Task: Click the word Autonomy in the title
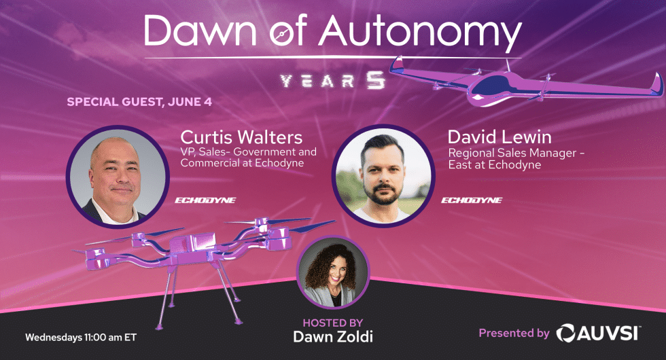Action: [421, 33]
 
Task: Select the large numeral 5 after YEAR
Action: [376, 80]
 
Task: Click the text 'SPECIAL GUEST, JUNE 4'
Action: [139, 102]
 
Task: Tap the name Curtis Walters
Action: [241, 137]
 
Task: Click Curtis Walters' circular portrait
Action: [118, 177]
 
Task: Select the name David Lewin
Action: [500, 137]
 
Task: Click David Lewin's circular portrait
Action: [383, 175]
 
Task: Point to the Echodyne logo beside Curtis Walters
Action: [205, 200]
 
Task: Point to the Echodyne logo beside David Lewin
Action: [472, 200]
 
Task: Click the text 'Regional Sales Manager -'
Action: [516, 153]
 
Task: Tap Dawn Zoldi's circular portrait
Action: [333, 272]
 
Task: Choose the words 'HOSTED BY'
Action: [333, 323]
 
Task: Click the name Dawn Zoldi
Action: [333, 337]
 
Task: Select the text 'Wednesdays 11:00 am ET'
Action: [81, 338]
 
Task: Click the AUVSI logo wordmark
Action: [599, 332]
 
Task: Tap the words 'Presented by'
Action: [514, 334]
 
